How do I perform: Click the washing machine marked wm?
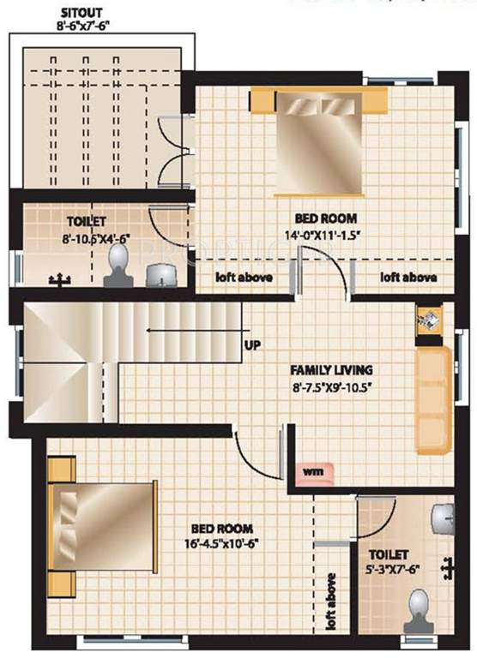tap(311, 470)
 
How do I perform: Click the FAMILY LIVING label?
tap(329, 370)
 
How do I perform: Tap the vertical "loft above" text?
tap(331, 603)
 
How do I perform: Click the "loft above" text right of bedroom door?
tap(408, 278)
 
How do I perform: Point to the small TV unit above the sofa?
tap(426, 319)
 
